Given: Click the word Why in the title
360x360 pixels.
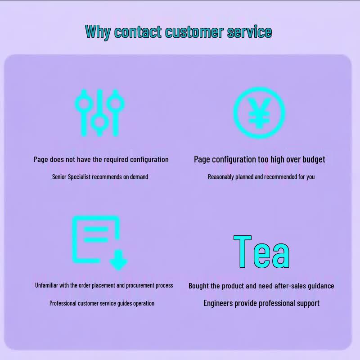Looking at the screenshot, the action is coord(98,31).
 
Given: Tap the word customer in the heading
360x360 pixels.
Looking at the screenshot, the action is coord(194,31).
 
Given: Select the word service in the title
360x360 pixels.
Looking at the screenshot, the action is coord(249,31).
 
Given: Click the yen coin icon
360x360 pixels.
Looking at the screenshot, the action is coord(259,113).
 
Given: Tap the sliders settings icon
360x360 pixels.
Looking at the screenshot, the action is coord(99,113).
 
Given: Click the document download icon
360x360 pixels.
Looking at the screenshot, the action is coord(99,243).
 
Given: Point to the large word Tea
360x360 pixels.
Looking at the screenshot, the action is coord(261,252).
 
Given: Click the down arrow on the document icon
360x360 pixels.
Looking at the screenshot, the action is coord(118,260).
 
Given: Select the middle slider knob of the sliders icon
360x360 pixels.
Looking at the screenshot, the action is coord(99,122).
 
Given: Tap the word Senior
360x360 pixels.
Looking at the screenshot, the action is coord(59,177).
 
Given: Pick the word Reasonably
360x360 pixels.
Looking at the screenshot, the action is coord(221,177).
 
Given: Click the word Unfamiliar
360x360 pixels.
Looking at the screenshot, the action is coord(47,285).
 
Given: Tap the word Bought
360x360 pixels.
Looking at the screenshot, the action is coord(198,286).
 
